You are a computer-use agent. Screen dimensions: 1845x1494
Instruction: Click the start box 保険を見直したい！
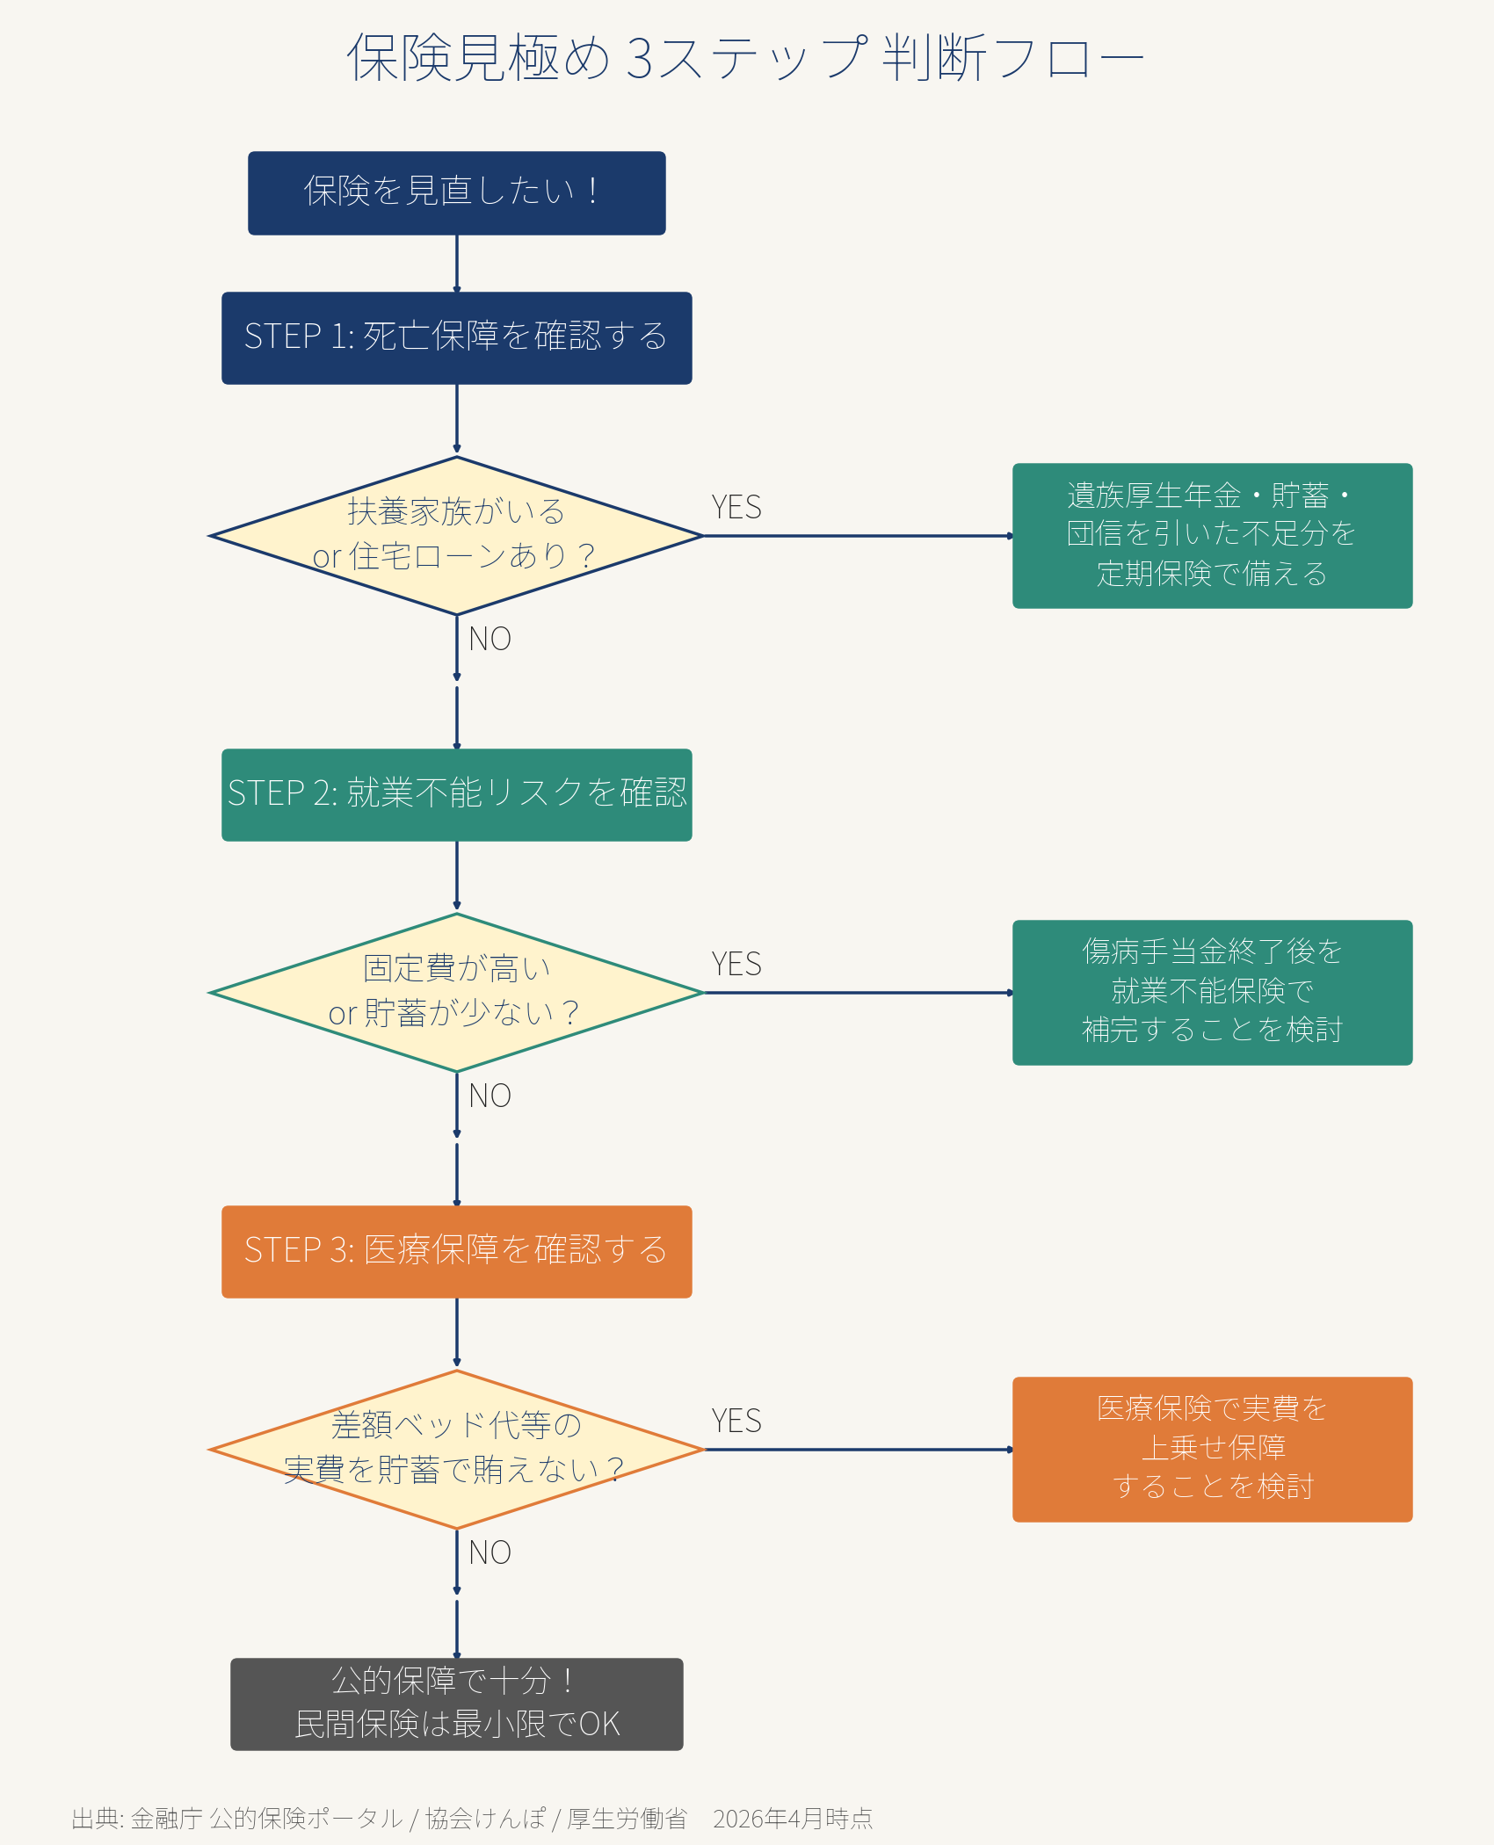click(x=456, y=192)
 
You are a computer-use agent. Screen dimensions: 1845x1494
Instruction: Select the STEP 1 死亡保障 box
click(x=456, y=337)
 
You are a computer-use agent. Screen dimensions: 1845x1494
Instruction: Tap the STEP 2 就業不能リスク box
click(x=456, y=794)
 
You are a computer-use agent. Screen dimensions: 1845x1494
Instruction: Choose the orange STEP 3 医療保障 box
click(x=456, y=1251)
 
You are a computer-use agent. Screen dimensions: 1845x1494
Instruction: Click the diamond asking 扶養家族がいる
click(x=456, y=535)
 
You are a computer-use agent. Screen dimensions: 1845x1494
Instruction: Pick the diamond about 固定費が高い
click(x=456, y=992)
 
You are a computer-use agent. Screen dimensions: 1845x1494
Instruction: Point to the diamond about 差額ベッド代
click(x=456, y=1449)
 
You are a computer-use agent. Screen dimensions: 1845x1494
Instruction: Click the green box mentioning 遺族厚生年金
click(x=1212, y=535)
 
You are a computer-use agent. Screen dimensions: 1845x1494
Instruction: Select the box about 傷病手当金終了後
click(x=1212, y=992)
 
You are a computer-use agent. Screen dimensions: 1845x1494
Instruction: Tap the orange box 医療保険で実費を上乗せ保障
click(x=1212, y=1449)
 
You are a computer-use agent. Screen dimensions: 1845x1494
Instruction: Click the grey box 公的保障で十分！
click(x=456, y=1704)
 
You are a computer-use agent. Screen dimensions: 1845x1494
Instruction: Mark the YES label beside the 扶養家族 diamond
click(x=736, y=507)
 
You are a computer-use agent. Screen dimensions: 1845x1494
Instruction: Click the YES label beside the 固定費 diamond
click(x=736, y=964)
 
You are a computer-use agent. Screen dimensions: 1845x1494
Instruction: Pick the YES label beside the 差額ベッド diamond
click(x=736, y=1421)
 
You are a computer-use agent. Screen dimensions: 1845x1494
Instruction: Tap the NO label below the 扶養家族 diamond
click(x=490, y=639)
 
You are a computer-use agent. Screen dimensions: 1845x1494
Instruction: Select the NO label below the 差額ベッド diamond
click(x=490, y=1552)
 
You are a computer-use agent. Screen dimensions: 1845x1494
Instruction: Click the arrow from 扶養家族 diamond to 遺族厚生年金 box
click(x=857, y=535)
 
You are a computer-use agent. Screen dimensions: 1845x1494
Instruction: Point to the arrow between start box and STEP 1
click(x=456, y=263)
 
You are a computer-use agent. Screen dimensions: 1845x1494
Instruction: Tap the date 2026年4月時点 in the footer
click(x=793, y=1818)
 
